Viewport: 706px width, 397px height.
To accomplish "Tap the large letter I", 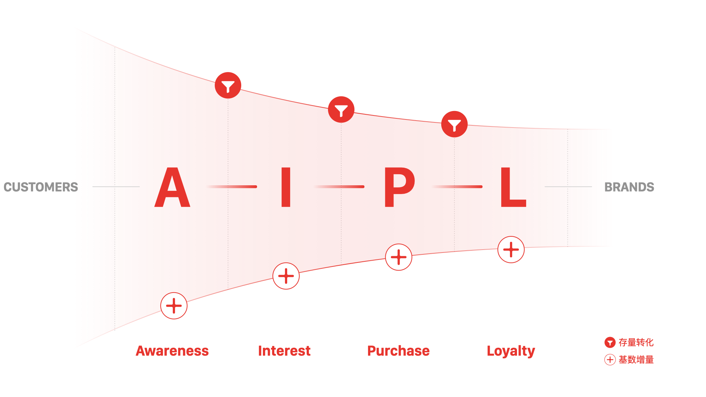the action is click(x=286, y=187).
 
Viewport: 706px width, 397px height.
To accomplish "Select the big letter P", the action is click(x=399, y=187).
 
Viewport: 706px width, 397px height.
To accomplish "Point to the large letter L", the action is click(x=513, y=187).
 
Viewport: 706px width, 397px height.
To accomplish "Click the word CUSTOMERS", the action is click(x=41, y=187).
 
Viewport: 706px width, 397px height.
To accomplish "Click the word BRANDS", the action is click(x=629, y=187).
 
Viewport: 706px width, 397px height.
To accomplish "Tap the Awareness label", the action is click(x=172, y=351).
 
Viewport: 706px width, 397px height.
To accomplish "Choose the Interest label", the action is click(x=284, y=351).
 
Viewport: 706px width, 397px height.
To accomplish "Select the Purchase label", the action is click(x=398, y=351).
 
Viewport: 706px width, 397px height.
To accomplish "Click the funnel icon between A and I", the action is click(x=228, y=85).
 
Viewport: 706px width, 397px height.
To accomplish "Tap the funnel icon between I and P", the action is click(x=341, y=110).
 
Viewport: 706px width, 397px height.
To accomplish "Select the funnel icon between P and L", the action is click(x=454, y=124).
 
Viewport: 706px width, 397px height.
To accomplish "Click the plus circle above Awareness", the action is click(x=174, y=306).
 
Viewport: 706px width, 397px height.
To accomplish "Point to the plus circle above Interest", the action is click(x=286, y=276).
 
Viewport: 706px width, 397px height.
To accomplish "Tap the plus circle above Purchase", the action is click(x=399, y=257).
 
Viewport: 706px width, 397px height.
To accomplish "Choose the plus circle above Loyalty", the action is click(x=511, y=250).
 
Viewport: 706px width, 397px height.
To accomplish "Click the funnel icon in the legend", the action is click(x=610, y=343).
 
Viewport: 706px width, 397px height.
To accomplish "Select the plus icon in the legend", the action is click(x=610, y=360).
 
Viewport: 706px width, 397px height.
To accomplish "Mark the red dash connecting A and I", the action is click(x=232, y=187).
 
